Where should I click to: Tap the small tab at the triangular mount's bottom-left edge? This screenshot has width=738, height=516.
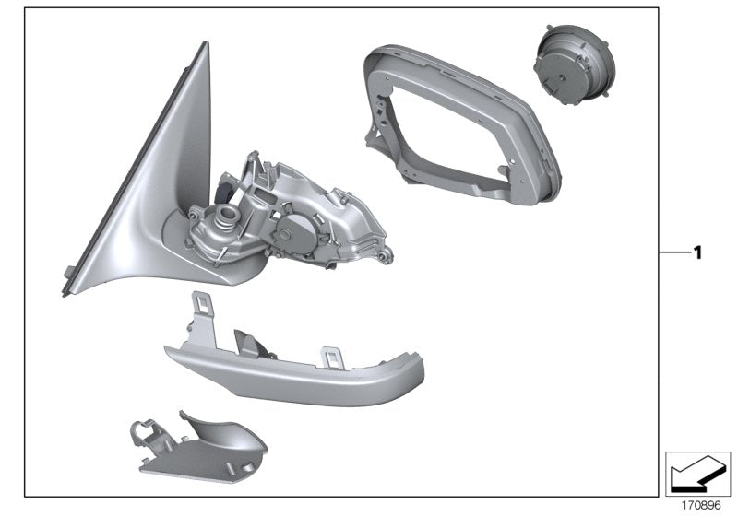click(69, 269)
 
